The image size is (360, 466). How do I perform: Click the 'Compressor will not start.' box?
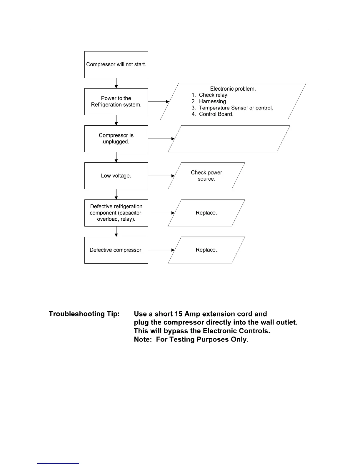click(x=116, y=64)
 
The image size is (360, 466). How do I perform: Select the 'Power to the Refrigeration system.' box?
click(x=116, y=101)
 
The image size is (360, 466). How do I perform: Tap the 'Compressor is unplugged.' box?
click(x=116, y=139)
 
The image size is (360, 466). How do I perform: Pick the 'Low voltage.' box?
click(x=116, y=176)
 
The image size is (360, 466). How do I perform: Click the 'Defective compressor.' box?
click(x=116, y=250)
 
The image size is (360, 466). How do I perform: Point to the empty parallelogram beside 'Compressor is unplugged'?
click(x=229, y=139)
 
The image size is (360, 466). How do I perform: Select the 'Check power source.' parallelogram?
click(x=206, y=176)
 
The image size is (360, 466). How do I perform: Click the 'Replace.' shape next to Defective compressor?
click(x=206, y=250)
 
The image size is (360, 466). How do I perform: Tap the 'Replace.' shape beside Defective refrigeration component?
click(x=206, y=213)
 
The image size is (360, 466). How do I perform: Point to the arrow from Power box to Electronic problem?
click(x=159, y=101)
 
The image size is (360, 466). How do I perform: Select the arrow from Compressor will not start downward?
click(x=116, y=83)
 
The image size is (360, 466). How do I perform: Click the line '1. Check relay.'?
click(x=210, y=95)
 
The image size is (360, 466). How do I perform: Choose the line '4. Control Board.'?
click(x=212, y=114)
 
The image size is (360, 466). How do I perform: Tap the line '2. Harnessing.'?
click(x=209, y=101)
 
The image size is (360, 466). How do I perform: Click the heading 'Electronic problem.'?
click(x=233, y=89)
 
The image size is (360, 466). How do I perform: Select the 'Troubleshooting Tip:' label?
click(x=84, y=314)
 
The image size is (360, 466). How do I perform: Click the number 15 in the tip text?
click(x=178, y=314)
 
